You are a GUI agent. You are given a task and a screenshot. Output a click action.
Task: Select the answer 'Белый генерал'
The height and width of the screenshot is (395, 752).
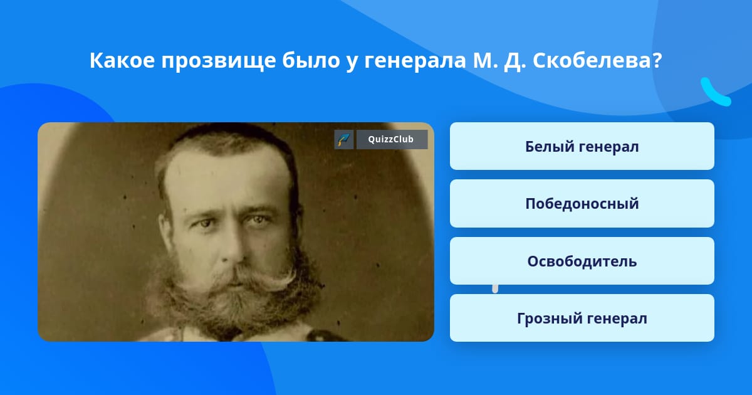[x=582, y=146]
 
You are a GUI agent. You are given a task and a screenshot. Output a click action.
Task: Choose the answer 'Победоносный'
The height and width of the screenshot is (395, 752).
[x=582, y=204]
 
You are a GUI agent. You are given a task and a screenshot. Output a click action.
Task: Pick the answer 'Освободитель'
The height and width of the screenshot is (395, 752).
[x=582, y=261]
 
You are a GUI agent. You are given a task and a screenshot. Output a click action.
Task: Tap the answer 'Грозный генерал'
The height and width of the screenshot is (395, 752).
[x=582, y=318]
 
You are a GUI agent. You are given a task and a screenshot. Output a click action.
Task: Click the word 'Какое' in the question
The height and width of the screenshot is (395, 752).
[x=122, y=61]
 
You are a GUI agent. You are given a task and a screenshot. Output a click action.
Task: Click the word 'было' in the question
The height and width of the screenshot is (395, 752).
[x=311, y=60]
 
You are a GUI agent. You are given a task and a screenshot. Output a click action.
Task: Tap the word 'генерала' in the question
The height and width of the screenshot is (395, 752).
[x=415, y=61]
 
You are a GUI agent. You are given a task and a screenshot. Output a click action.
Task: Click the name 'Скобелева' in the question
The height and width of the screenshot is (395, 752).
[x=593, y=61]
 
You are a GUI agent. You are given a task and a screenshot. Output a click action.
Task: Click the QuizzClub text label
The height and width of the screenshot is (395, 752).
[x=391, y=139]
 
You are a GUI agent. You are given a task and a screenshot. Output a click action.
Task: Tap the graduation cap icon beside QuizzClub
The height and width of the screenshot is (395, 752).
[x=344, y=139]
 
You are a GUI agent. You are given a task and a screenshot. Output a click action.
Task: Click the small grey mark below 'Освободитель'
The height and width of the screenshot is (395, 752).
[x=495, y=289]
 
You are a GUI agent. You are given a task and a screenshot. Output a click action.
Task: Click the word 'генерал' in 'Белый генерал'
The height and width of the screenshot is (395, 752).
[x=608, y=147]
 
